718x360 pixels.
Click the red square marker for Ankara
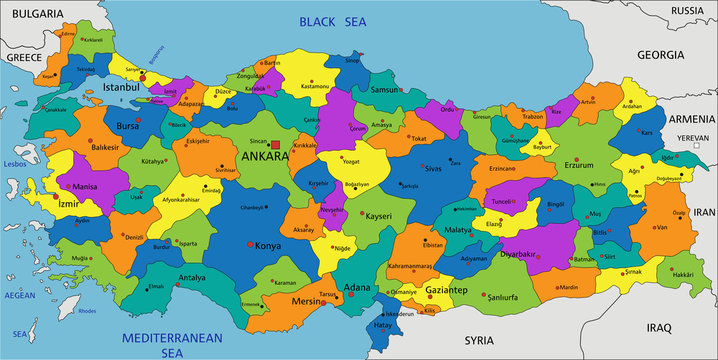[x=276, y=146]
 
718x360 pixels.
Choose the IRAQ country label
[x=660, y=327]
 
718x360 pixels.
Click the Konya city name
[x=268, y=246]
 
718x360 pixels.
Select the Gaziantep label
[x=446, y=289]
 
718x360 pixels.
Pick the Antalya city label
[x=192, y=278]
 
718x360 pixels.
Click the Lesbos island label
[x=14, y=162]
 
